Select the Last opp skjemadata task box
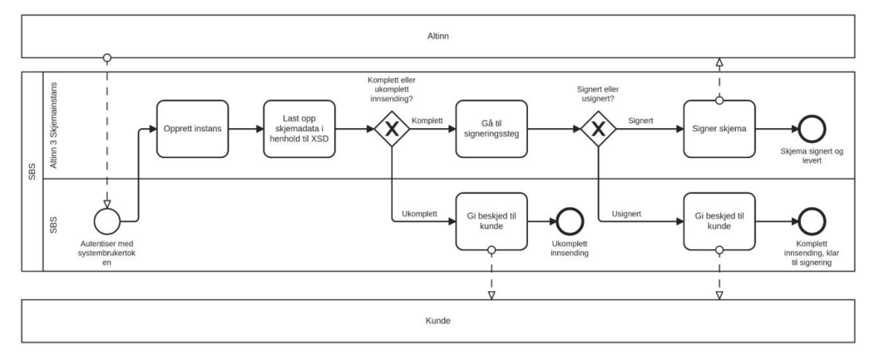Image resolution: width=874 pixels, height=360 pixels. click(299, 130)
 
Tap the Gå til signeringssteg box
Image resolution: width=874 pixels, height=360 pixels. click(491, 130)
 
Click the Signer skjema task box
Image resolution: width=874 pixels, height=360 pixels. click(718, 130)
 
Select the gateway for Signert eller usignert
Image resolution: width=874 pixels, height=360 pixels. click(598, 130)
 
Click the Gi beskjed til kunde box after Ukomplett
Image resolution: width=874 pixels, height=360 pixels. click(491, 221)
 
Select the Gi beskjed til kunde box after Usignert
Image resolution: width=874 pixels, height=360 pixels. click(718, 221)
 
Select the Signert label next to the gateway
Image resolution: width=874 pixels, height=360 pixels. click(641, 120)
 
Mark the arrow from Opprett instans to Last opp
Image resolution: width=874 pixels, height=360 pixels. click(245, 130)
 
